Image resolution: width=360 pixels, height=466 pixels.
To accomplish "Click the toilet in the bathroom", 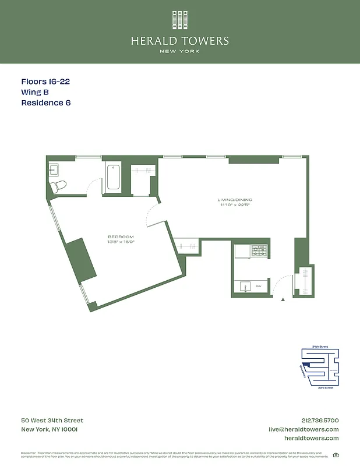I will tap(58, 186).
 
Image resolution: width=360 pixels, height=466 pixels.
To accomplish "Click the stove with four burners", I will tap(259, 251).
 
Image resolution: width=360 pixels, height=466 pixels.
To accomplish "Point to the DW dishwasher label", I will tap(259, 287).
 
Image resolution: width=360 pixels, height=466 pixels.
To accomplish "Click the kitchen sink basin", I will tap(243, 286).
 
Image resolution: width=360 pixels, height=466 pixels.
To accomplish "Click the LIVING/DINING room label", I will tap(236, 200).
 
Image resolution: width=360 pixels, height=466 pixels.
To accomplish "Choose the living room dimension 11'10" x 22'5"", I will tap(236, 204).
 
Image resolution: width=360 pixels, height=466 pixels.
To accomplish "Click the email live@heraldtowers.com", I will tap(303, 429).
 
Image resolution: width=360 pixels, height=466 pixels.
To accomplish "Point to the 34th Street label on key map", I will tap(320, 347).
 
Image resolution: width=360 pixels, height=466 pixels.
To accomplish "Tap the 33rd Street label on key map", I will tap(325, 387).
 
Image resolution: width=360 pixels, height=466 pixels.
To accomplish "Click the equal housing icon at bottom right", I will tap(336, 456).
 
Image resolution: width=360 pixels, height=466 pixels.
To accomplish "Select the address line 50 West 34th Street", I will tap(52, 421).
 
